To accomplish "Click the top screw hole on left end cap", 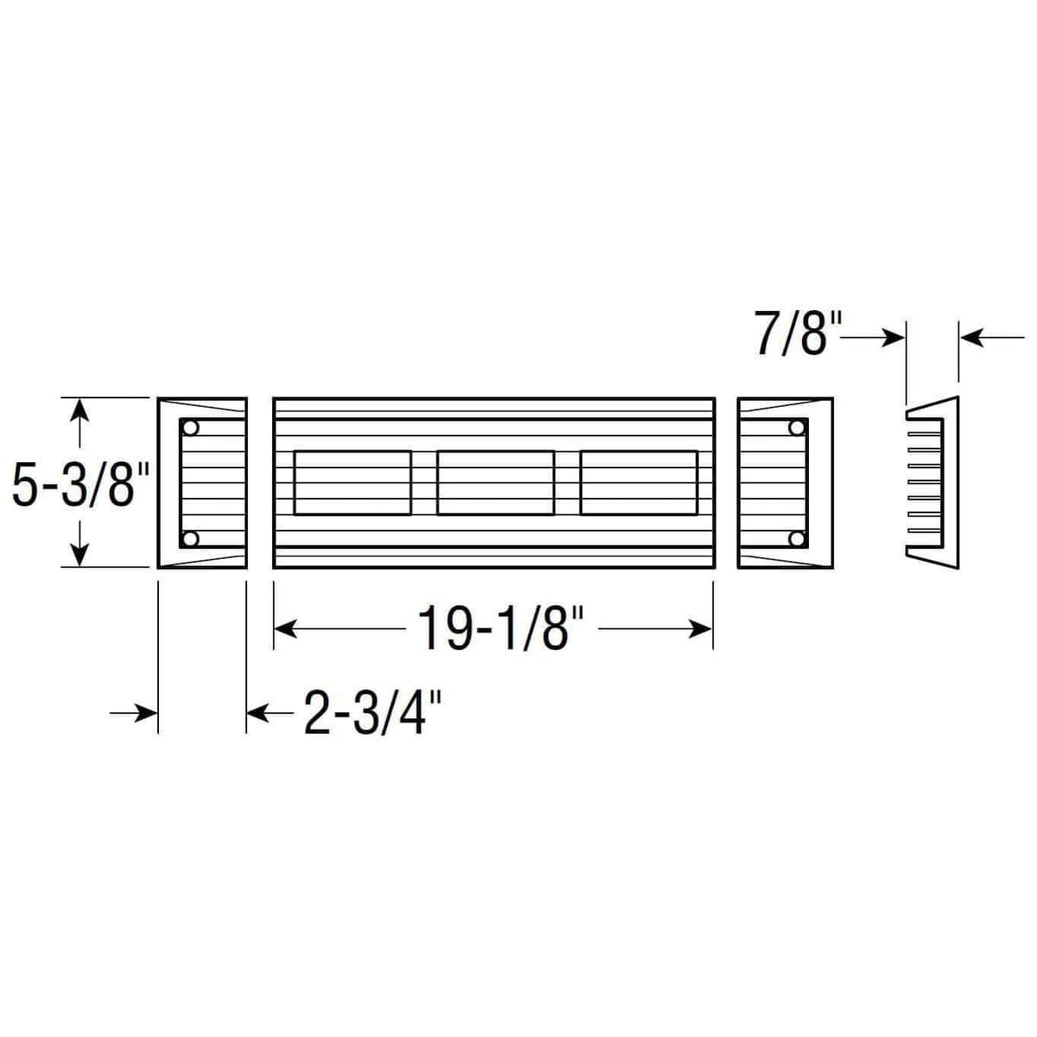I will [192, 428].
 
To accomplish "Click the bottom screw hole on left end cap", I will [192, 539].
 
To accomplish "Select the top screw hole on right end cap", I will [795, 428].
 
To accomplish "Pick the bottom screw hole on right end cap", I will [795, 539].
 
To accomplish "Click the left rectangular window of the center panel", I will [353, 483].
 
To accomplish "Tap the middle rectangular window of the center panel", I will [495, 483].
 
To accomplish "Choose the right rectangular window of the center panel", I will [639, 483].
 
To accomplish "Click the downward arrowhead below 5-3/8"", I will [80, 556].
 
